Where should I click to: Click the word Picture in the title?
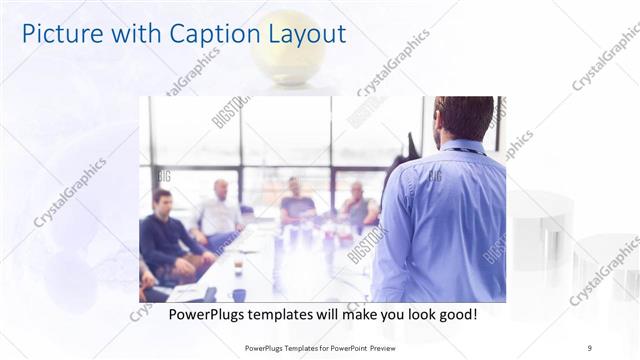click(x=62, y=34)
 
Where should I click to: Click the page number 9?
click(x=589, y=347)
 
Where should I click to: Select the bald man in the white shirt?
click(x=219, y=211)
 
